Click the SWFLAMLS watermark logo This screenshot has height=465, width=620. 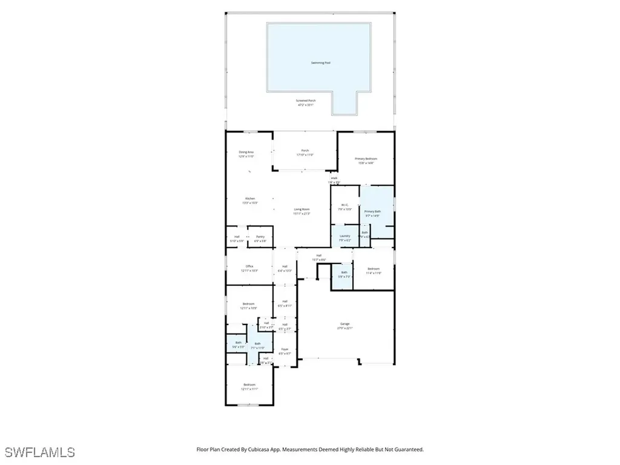pos(39,452)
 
